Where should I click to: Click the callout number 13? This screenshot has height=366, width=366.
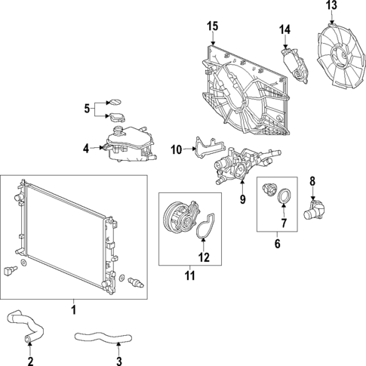[x=332, y=6]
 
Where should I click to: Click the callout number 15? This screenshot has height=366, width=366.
[x=213, y=27]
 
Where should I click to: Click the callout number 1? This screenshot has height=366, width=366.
[x=73, y=309]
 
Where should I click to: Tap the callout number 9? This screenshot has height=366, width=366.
[x=242, y=200]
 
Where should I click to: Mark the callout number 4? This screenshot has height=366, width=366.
[x=86, y=147]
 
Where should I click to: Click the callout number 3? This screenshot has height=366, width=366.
[x=118, y=350]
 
